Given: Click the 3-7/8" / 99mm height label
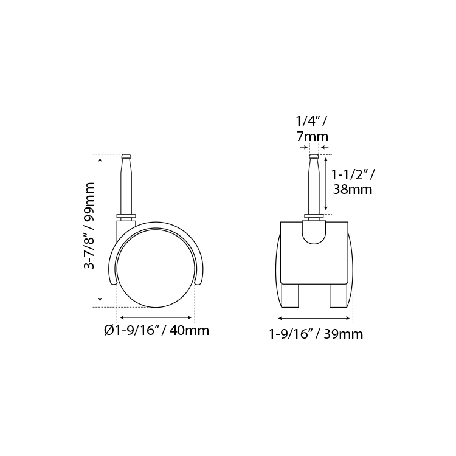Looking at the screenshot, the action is coord(89,226).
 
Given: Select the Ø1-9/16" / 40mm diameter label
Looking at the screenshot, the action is coord(157,330).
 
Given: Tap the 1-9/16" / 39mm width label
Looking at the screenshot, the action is coord(316,334).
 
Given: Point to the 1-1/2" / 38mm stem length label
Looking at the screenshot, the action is coord(353,182).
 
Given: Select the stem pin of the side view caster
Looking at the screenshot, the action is coord(126,184).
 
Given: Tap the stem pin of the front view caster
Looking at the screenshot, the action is coord(314,184).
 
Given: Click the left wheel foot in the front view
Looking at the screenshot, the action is coord(289,295).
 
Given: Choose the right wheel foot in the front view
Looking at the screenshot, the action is coord(339,295).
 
